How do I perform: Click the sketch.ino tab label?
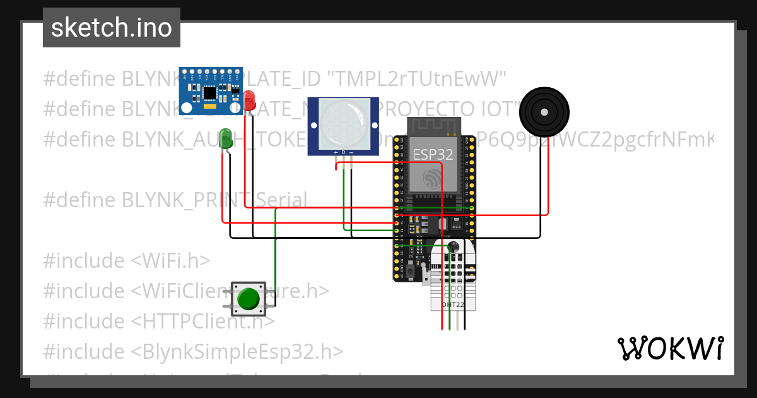click(x=111, y=28)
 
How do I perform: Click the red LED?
click(x=249, y=100)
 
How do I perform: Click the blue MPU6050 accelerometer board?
click(x=211, y=84)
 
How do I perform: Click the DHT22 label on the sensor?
click(x=452, y=305)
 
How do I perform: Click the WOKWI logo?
click(x=670, y=348)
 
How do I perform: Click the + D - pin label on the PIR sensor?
click(x=343, y=152)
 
